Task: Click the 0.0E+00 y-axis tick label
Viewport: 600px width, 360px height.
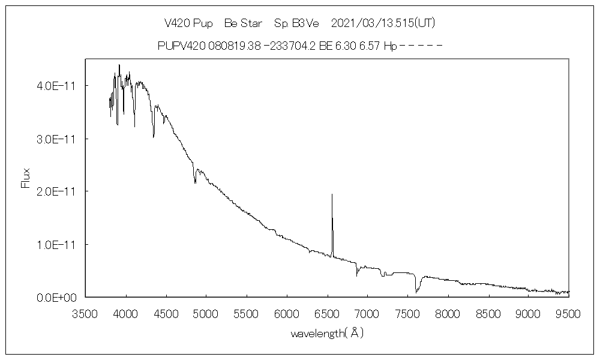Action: (x=57, y=297)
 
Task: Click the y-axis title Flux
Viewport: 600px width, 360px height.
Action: (x=26, y=178)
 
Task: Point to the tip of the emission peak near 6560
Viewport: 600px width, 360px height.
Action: (x=332, y=194)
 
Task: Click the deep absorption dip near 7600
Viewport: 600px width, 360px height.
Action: (x=416, y=292)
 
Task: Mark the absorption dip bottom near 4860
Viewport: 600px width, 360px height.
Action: (x=195, y=182)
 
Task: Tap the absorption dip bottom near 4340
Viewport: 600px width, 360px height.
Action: (x=154, y=137)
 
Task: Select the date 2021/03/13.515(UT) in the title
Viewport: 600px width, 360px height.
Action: (x=383, y=23)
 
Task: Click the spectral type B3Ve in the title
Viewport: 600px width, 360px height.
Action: (x=305, y=23)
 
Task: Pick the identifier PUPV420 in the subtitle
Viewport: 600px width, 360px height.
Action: (x=180, y=46)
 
